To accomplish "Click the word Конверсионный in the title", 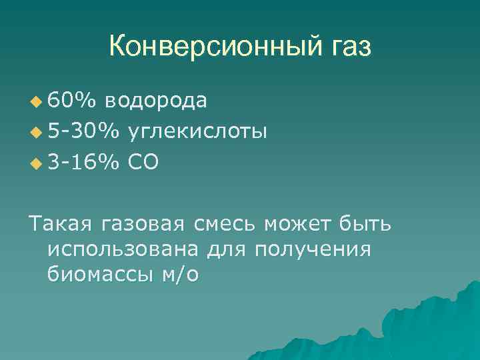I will [x=213, y=47].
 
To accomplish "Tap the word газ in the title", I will [x=347, y=47].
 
